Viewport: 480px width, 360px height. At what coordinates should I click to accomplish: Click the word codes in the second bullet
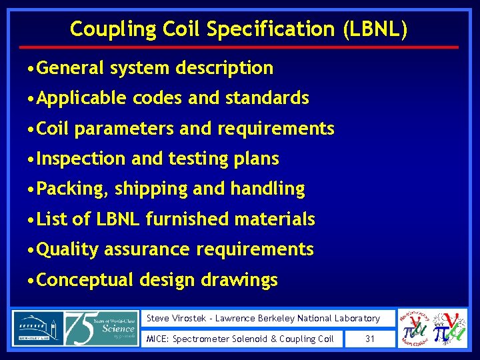[x=158, y=99]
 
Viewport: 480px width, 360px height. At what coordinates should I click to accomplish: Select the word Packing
[x=72, y=189]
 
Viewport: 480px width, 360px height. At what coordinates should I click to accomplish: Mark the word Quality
[x=68, y=249]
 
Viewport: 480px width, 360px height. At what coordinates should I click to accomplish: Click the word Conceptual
[x=85, y=280]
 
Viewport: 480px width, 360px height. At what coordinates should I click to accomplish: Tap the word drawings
[x=242, y=280]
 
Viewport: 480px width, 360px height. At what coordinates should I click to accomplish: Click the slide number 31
[x=371, y=339]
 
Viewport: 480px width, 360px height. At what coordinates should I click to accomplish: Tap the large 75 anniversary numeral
[x=83, y=328]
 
